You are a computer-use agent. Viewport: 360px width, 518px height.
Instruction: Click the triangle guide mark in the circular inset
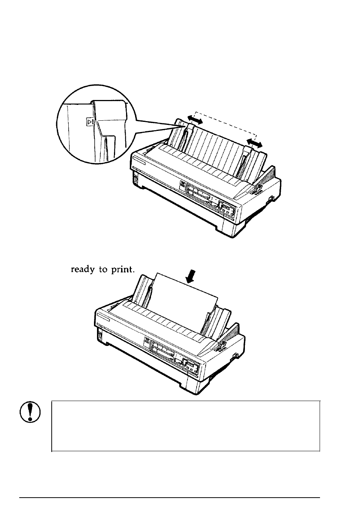[90, 122]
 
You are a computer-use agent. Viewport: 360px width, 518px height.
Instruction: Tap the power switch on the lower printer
[100, 333]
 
